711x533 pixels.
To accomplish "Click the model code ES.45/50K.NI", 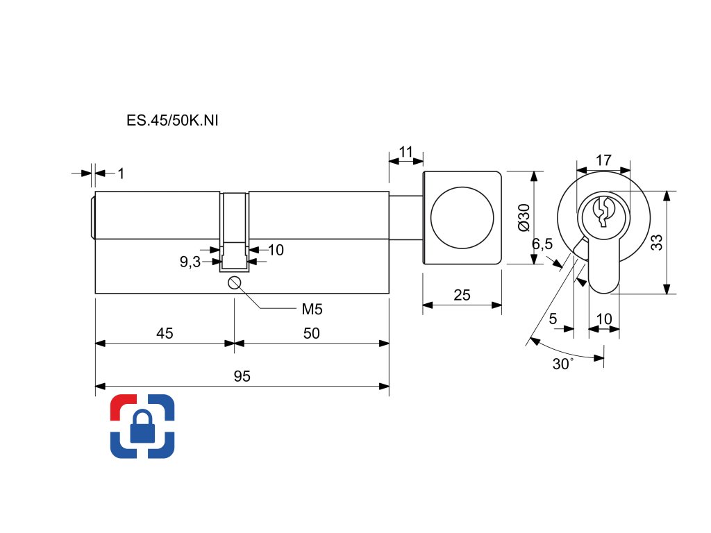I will point(173,120).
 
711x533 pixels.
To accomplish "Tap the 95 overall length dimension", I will point(242,377).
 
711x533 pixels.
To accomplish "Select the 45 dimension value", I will point(165,333).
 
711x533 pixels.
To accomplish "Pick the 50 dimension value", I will point(312,333).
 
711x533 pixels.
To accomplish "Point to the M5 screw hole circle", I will point(234,282).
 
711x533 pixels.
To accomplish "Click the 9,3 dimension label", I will point(190,262).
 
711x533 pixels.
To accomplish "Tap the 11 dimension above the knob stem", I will point(406,151).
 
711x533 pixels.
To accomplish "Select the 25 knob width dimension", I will point(462,295).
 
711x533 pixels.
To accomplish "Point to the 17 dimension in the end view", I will point(603,160).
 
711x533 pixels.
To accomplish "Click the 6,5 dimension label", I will point(542,244).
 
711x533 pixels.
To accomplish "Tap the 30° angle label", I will point(563,364).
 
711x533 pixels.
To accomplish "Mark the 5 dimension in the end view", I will point(553,319).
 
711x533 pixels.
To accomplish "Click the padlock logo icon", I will point(142,426).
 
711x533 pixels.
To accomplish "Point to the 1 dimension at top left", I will point(121,174).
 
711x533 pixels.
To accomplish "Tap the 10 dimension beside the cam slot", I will point(276,250).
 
